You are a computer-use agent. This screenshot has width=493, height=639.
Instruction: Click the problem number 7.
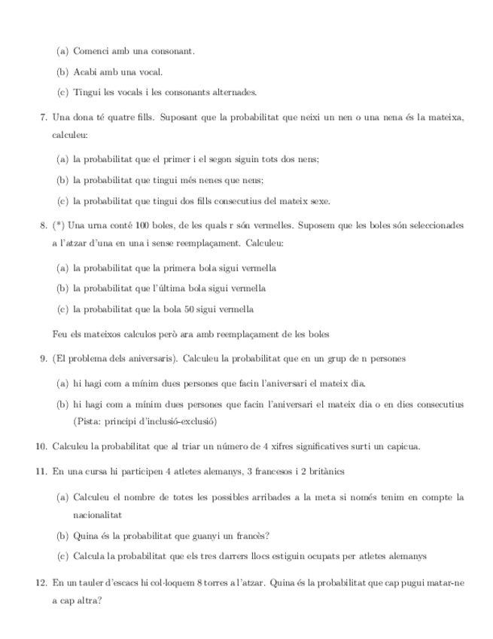(41, 119)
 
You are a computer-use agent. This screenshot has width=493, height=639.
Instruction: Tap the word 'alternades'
(233, 93)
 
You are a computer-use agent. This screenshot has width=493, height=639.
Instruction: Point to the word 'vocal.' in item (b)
(149, 72)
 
